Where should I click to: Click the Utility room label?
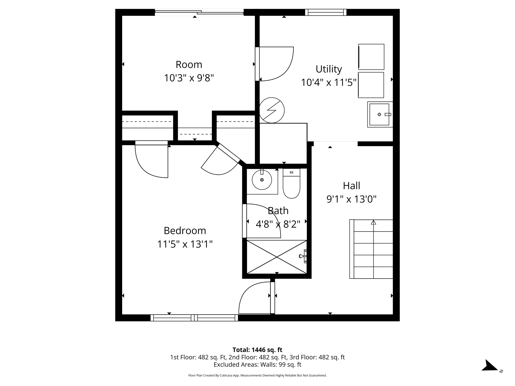tap(329, 69)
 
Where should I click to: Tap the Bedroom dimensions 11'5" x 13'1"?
tap(185, 244)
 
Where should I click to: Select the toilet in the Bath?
tap(291, 184)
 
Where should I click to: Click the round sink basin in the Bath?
tap(262, 180)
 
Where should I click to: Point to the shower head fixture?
tap(303, 256)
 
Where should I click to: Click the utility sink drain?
tap(379, 115)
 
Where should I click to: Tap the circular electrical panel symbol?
tap(272, 110)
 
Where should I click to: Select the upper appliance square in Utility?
tap(371, 57)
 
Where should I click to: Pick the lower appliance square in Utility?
tap(371, 85)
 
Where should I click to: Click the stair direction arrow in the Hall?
tap(373, 222)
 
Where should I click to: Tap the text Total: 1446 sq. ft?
tap(257, 350)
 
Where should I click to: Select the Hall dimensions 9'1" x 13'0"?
tap(351, 199)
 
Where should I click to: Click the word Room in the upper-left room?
tap(189, 65)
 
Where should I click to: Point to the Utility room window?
tap(326, 12)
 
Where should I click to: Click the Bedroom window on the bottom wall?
tap(194, 318)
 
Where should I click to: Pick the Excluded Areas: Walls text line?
tap(257, 364)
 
